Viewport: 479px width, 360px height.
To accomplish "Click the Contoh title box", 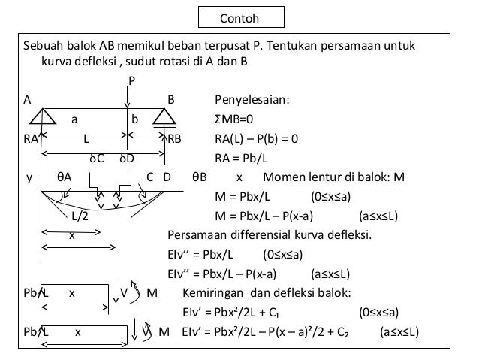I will coord(239,17).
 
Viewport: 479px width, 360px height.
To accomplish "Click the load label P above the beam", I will coord(131,80).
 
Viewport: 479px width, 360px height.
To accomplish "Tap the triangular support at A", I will coord(44,118).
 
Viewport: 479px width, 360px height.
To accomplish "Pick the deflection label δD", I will coord(126,159).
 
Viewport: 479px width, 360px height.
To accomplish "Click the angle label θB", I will coord(199,179).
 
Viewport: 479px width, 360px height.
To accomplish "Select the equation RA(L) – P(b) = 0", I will coord(257,139).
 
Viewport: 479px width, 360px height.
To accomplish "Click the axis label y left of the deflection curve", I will coord(29,179).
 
